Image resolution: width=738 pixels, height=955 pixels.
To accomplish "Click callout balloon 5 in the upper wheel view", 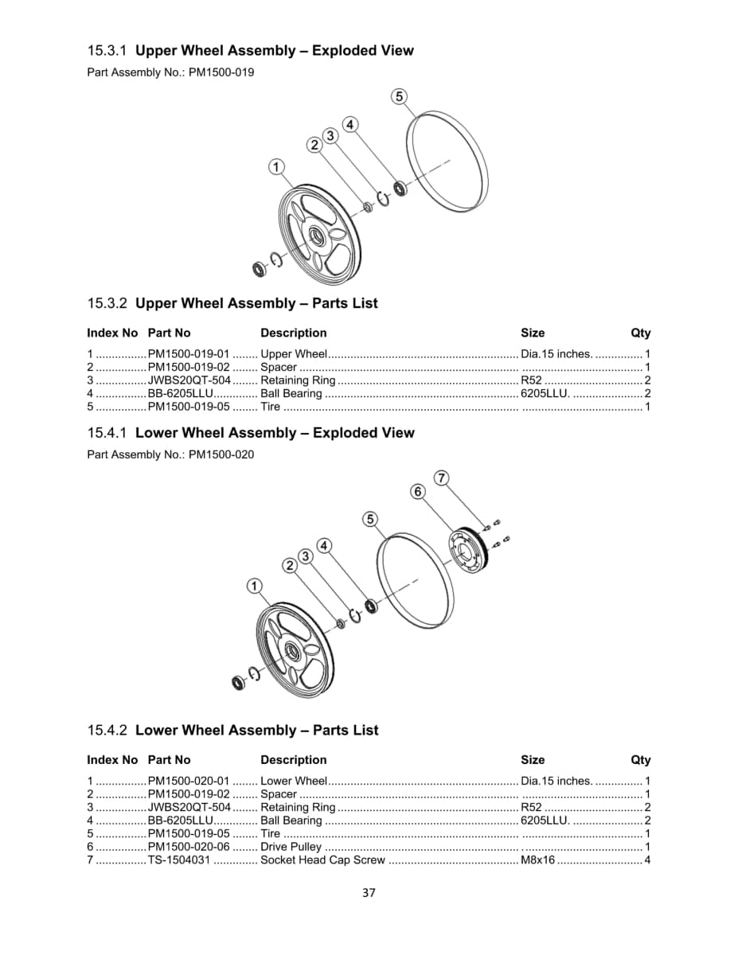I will (400, 97).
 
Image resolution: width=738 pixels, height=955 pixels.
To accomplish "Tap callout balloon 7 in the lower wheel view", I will (442, 477).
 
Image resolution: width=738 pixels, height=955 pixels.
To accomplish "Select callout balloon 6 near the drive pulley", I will (419, 492).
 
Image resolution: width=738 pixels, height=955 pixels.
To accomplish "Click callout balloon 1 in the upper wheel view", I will (276, 167).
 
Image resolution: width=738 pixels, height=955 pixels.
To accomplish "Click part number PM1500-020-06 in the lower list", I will (189, 847).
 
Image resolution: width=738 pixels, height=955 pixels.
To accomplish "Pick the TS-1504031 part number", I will (180, 860).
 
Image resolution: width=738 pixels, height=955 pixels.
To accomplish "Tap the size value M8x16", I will (537, 860).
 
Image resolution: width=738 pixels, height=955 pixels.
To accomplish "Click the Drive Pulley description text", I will (291, 847).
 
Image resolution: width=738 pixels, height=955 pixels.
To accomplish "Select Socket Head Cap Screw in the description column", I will (322, 860).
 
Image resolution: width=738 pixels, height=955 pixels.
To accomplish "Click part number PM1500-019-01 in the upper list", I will (189, 354).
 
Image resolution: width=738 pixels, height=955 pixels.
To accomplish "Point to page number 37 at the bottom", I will (369, 892).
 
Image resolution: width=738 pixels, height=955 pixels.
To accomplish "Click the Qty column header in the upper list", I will (640, 333).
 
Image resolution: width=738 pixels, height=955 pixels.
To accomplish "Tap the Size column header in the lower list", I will (533, 760).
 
